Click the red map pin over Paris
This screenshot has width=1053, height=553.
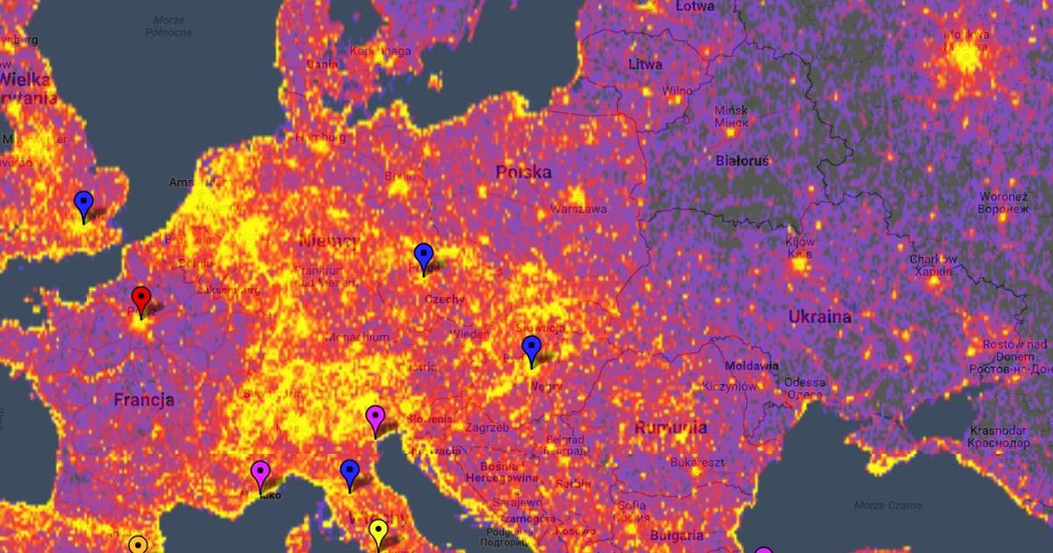(141, 298)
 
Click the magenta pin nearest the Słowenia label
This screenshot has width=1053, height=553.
(376, 418)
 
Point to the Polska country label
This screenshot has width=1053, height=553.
(524, 171)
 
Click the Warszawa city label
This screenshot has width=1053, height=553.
(578, 209)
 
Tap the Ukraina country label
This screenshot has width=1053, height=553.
(820, 316)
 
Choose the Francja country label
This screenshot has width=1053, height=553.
(144, 400)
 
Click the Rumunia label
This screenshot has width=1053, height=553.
(671, 428)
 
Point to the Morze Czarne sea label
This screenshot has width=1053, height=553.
(887, 505)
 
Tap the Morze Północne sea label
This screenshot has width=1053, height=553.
(169, 26)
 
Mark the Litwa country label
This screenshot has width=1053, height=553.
(645, 64)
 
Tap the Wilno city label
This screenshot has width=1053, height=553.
(677, 90)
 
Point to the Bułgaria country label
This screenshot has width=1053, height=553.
(677, 535)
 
